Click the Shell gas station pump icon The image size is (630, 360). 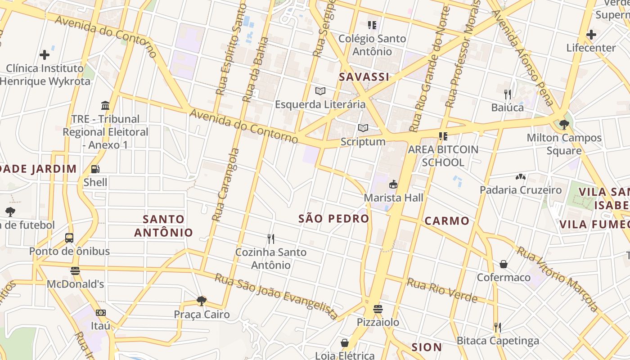[x=95, y=169]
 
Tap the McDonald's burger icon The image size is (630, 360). [x=75, y=271]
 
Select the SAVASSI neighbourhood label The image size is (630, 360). [x=364, y=77]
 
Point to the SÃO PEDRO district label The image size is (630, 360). [x=334, y=219]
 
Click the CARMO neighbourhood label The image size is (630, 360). [x=447, y=220]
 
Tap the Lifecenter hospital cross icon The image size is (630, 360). [x=591, y=34]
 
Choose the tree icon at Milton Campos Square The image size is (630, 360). [x=564, y=125]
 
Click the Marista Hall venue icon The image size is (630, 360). [x=393, y=184]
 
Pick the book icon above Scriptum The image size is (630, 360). [x=363, y=128]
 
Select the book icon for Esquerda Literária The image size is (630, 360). [x=320, y=91]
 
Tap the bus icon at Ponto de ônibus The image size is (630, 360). [x=69, y=238]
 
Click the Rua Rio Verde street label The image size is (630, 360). [x=442, y=290]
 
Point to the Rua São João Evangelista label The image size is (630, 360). [x=276, y=296]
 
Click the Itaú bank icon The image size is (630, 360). [x=101, y=312]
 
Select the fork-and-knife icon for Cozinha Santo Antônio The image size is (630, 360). [x=271, y=238]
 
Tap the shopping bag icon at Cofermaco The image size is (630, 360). [x=504, y=264]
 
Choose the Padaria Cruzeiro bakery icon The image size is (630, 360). [x=521, y=177]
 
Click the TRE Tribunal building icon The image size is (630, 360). [x=105, y=106]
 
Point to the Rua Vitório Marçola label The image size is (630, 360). [x=558, y=279]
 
